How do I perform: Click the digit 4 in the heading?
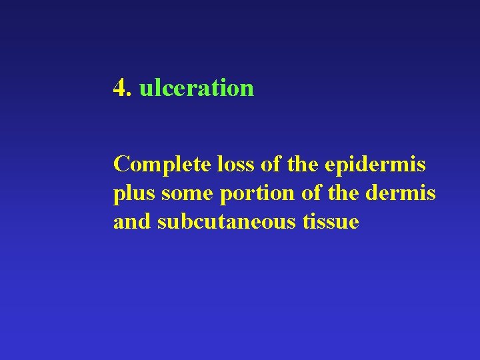(120, 87)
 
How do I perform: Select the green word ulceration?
(196, 87)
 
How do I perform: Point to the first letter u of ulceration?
(145, 89)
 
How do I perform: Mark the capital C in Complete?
(122, 163)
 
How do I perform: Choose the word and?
(132, 221)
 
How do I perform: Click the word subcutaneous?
(224, 221)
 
